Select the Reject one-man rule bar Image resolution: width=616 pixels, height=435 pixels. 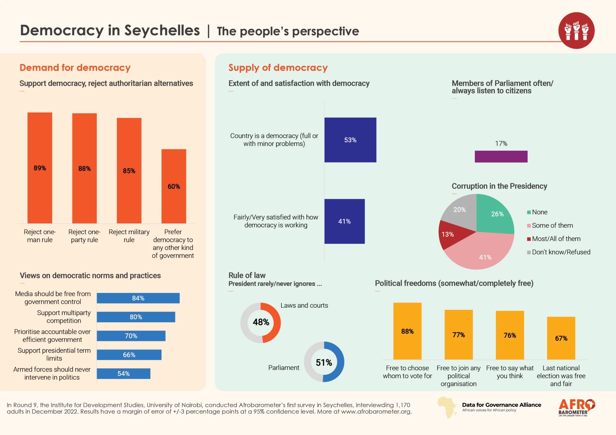tap(40, 168)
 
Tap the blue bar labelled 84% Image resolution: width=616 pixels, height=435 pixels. tap(138, 298)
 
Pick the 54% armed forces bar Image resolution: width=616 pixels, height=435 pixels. tap(123, 374)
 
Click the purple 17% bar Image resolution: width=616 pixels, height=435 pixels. tap(501, 156)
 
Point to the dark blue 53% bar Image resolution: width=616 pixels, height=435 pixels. tap(350, 140)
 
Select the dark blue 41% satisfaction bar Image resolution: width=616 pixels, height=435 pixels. tap(344, 221)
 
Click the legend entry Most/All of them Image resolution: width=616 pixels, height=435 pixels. tap(553, 239)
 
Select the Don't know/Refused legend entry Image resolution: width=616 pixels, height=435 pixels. tap(559, 252)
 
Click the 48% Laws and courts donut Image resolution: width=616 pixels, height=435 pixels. tap(260, 322)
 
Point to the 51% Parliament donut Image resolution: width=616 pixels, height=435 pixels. tap(324, 362)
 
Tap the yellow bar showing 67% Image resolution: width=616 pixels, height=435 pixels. tap(561, 338)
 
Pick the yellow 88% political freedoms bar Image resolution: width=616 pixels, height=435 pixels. tap(407, 331)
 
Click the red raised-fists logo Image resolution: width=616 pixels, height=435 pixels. tap(576, 30)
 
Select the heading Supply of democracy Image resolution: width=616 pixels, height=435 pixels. tap(278, 68)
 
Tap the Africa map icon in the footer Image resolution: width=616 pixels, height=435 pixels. tap(447, 407)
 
